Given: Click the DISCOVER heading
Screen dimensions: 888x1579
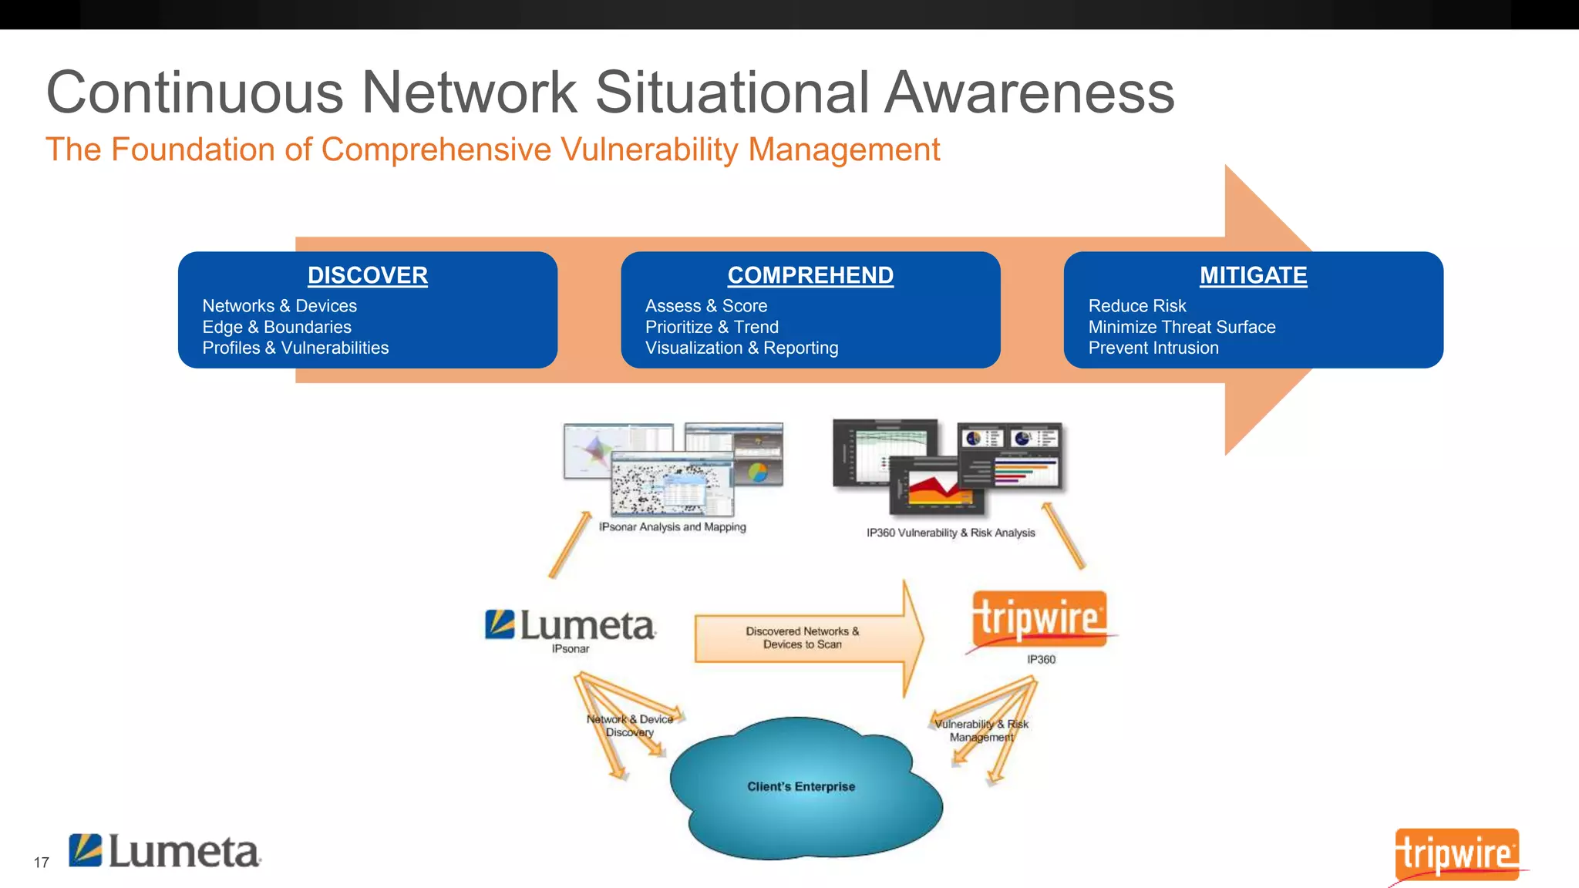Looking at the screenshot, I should [x=367, y=275].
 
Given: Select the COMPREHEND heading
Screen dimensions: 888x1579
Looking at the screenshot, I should [x=810, y=275].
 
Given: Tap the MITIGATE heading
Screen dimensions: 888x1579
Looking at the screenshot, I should [x=1253, y=275].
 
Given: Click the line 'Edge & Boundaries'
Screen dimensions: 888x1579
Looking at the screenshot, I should [x=277, y=327].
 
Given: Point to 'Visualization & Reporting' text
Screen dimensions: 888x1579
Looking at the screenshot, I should [x=741, y=348].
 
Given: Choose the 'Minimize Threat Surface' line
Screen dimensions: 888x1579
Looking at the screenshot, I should [x=1181, y=327].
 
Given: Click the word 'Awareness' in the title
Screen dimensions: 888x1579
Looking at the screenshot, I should [x=1029, y=92].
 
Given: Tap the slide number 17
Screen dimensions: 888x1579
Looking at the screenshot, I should [x=41, y=863].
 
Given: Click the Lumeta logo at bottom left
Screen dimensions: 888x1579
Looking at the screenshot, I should [x=165, y=852].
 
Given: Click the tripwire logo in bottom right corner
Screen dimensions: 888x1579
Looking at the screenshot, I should [x=1456, y=854].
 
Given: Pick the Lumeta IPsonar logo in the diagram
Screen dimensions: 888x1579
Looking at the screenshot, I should [x=571, y=626].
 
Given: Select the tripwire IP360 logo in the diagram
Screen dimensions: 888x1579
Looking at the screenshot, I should [x=1039, y=619].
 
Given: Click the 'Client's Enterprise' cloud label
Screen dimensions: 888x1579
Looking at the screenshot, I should [x=801, y=786].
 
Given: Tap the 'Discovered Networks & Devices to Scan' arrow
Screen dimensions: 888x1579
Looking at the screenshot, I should [x=803, y=637].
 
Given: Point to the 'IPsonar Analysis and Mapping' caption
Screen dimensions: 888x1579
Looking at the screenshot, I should [x=672, y=527].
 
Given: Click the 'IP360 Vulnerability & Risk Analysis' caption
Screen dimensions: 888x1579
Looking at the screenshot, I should [x=950, y=533].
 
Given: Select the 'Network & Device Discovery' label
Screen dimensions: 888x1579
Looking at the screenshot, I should [x=629, y=725].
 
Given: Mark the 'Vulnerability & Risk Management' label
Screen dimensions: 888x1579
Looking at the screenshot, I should [x=981, y=730].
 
